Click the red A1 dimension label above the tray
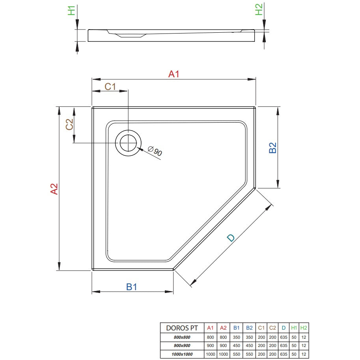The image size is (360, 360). (173, 74)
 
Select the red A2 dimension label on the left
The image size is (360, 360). (54, 189)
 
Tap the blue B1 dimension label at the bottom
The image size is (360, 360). (132, 287)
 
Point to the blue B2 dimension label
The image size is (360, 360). (272, 147)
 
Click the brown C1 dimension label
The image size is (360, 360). (110, 87)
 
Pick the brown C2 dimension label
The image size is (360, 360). (69, 124)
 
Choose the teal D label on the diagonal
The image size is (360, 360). (231, 238)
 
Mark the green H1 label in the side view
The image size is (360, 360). (72, 11)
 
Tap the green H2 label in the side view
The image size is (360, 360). (259, 9)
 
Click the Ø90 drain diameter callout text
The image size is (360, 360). (155, 151)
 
